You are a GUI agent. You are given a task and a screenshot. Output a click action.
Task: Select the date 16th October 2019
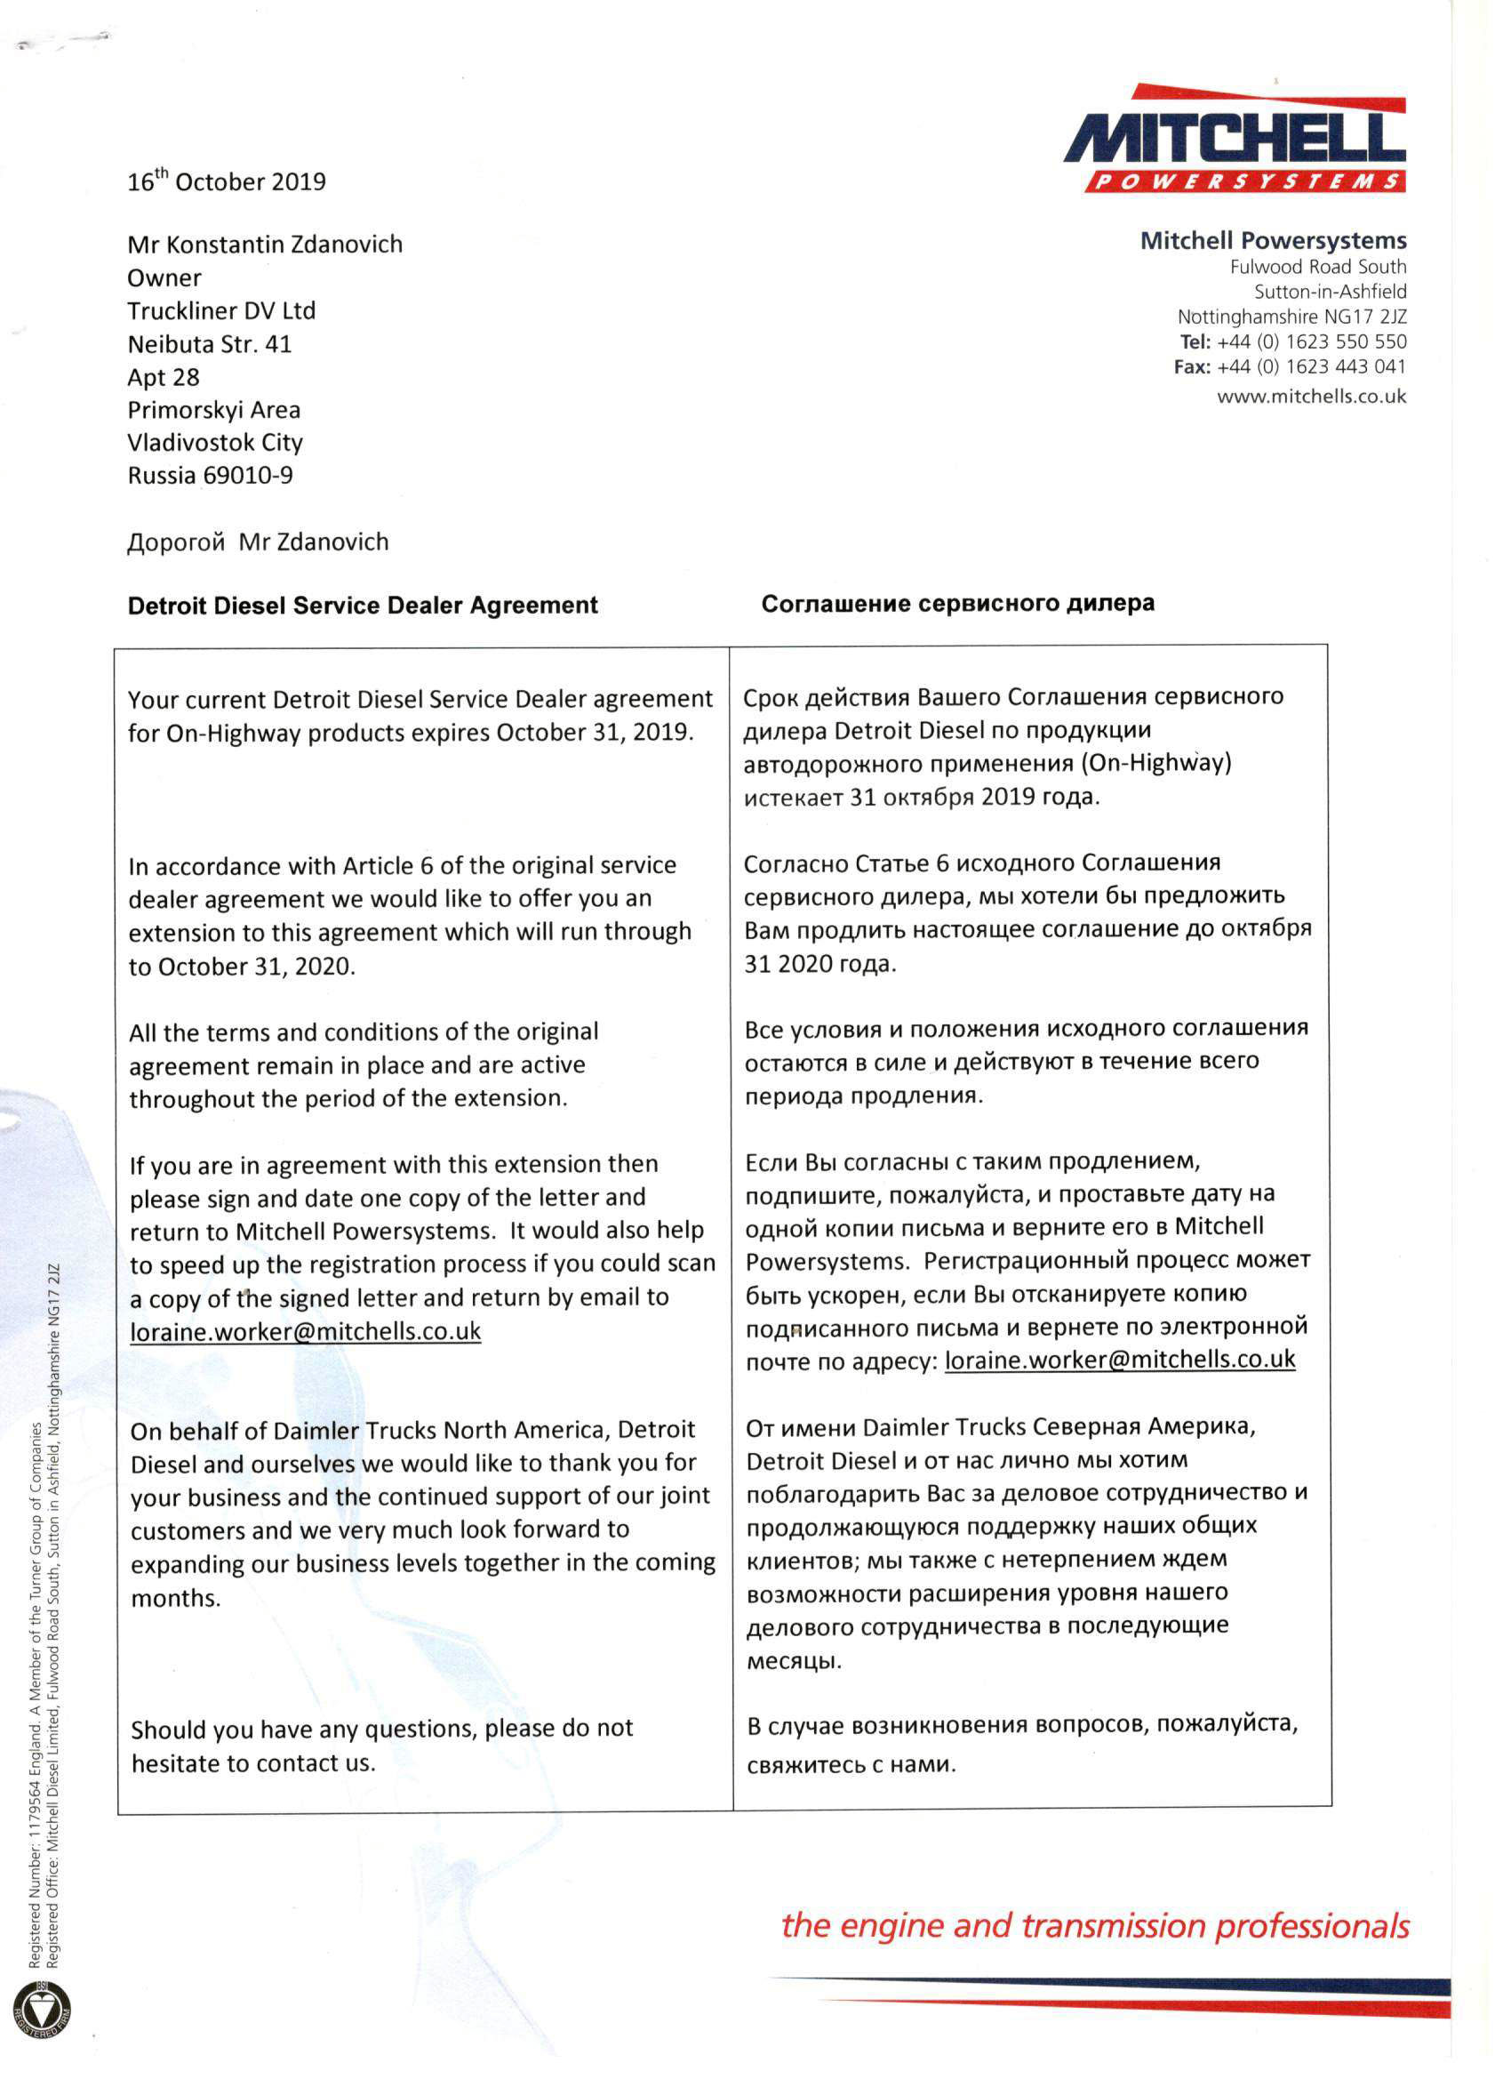[227, 181]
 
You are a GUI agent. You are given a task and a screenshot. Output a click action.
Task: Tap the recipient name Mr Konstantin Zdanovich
[265, 245]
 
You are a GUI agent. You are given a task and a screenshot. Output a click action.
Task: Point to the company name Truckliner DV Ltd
[220, 310]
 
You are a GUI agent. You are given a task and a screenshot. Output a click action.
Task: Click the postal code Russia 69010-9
[210, 476]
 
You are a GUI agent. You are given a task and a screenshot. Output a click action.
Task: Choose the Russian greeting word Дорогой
[176, 542]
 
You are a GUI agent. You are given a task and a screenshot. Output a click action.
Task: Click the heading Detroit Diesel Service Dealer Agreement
[362, 606]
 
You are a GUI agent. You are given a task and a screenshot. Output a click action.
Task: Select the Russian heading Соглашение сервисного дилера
[957, 604]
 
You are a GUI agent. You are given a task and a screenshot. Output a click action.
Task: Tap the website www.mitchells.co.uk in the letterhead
[1311, 397]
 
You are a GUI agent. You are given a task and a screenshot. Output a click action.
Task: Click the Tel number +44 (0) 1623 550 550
[1312, 342]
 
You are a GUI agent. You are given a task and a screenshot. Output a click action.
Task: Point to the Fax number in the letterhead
[1312, 367]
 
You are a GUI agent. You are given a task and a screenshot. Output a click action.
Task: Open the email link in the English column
[305, 1331]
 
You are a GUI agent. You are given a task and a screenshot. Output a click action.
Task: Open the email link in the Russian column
[1120, 1360]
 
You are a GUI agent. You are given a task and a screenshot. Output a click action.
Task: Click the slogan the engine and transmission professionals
[1095, 1926]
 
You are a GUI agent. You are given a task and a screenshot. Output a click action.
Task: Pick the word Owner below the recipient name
[164, 278]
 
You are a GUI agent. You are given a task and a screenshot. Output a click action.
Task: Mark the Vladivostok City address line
[215, 443]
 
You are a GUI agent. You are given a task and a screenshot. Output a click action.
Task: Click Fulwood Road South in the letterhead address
[1317, 267]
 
